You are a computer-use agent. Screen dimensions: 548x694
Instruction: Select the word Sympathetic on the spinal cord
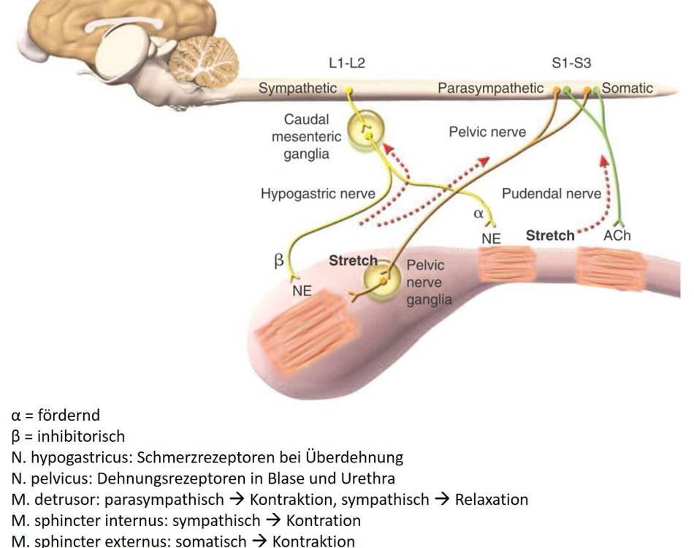pos(297,89)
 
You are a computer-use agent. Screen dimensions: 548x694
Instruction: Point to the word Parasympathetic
pos(491,89)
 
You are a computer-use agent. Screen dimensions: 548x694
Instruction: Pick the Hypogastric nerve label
pos(318,194)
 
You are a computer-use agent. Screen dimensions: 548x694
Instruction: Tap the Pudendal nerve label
pos(552,194)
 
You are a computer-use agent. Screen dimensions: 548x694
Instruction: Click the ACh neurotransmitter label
pos(617,237)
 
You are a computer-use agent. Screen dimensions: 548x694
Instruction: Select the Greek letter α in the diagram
pos(479,214)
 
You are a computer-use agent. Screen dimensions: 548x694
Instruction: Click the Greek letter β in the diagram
pos(279,261)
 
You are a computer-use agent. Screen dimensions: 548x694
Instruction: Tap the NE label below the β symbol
pos(302,290)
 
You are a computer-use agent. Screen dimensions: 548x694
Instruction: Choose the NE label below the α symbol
pos(491,239)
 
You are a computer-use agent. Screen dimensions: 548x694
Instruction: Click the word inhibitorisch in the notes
pos(80,437)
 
